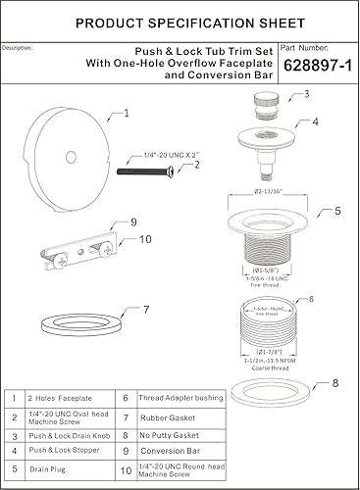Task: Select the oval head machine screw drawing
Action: [x=151, y=171]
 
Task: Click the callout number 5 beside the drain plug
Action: [x=336, y=210]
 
